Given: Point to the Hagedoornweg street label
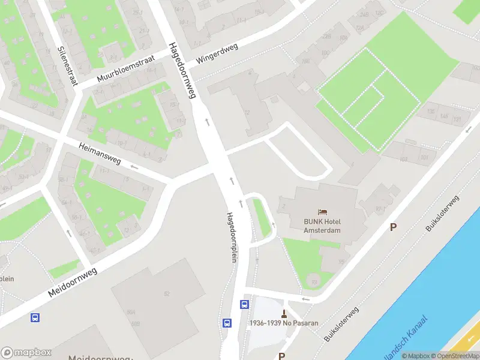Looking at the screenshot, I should coord(183,70).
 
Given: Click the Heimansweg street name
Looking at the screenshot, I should coord(100,153).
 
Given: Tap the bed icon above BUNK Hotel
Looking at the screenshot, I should coord(323,212).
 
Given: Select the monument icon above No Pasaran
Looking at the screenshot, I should coord(284,313).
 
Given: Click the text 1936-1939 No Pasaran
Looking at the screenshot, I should coord(284,323).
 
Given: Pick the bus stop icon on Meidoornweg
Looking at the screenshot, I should coord(35,317).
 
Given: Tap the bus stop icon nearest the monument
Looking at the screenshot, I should coord(245,304).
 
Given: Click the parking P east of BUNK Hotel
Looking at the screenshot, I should coord(394,227).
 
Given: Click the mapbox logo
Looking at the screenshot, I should coord(26,353).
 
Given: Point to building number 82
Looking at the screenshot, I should coord(166,293).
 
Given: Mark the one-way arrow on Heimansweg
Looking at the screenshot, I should coord(134,167).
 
